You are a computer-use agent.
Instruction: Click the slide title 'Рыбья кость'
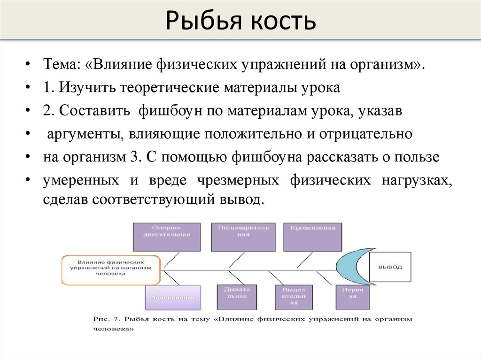click(x=240, y=21)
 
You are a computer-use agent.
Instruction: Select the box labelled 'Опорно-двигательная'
click(x=167, y=237)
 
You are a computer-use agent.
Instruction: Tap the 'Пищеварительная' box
click(x=243, y=237)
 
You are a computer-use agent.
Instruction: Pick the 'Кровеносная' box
click(x=313, y=237)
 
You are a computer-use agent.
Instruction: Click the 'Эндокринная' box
click(x=173, y=298)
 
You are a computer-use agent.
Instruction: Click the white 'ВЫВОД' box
click(x=390, y=267)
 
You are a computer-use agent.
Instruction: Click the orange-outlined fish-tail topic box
click(x=111, y=270)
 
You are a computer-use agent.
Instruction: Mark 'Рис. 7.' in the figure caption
click(x=105, y=319)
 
